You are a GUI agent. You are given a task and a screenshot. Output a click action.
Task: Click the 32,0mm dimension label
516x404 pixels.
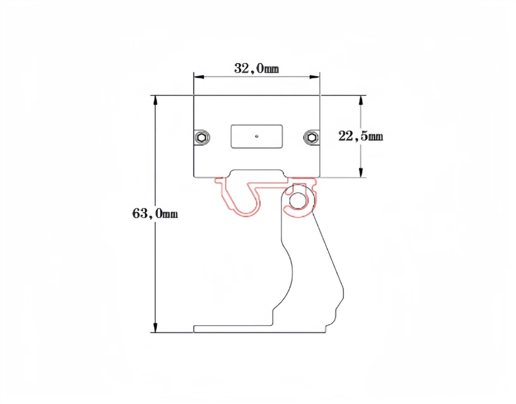point(256,68)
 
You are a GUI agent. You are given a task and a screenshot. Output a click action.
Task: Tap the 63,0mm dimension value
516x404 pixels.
point(155,213)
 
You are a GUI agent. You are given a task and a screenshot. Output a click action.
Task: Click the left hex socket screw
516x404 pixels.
point(202,137)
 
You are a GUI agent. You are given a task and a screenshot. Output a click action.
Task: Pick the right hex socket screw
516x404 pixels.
point(311,137)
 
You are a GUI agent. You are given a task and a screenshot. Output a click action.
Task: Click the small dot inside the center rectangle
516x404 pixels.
point(256,137)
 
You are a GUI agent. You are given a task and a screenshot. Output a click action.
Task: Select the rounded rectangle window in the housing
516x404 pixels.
point(256,136)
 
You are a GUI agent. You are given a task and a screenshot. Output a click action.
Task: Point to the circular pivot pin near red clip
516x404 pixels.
point(298,200)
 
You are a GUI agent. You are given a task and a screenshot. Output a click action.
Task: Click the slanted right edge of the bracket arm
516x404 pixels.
point(328,253)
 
